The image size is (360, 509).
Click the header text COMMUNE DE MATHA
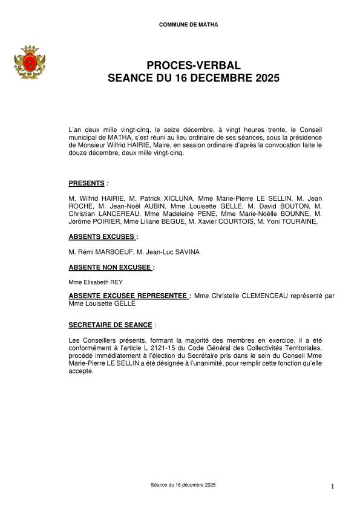click(x=189, y=25)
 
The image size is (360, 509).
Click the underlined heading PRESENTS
click(x=87, y=183)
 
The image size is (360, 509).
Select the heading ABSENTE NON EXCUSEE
click(x=110, y=266)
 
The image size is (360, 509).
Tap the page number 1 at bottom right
click(x=333, y=487)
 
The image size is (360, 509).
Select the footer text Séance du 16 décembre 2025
click(x=183, y=485)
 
